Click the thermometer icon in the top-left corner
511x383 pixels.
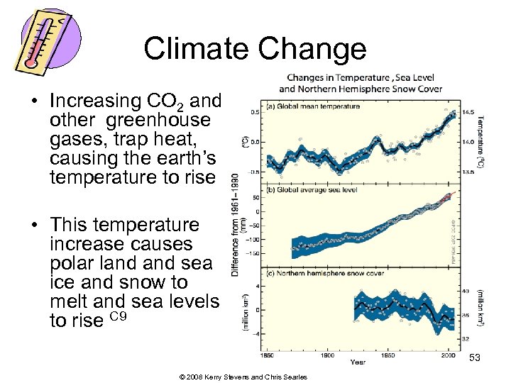pos(43,40)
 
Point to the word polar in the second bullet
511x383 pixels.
pos(75,263)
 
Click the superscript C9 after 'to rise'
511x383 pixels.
pos(119,316)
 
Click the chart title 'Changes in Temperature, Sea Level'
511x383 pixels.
pos(360,78)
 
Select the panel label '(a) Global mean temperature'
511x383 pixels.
pos(312,106)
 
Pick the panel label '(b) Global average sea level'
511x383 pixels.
pos(312,189)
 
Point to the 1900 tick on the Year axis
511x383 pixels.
pos(327,354)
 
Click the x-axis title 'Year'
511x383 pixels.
pos(358,362)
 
